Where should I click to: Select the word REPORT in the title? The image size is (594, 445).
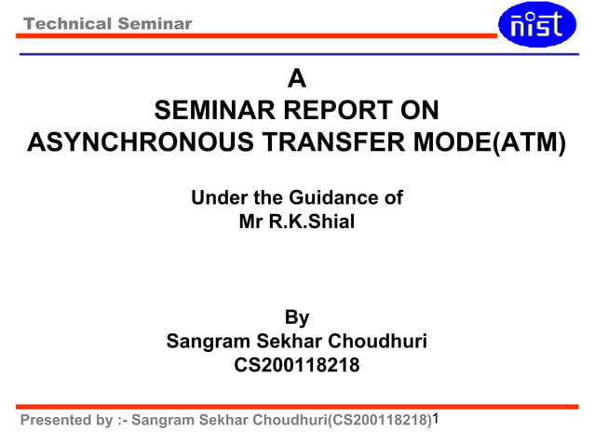pyautogui.click(x=325, y=112)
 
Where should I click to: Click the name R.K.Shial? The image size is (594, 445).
pyautogui.click(x=310, y=222)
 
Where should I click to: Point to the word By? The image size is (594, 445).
pyautogui.click(x=296, y=317)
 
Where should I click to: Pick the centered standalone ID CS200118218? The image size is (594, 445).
pyautogui.click(x=296, y=366)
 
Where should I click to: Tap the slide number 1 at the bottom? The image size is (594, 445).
pyautogui.click(x=437, y=418)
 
